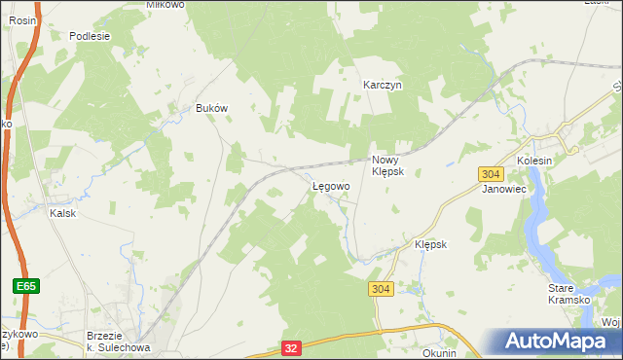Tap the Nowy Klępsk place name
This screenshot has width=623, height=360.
[394, 164]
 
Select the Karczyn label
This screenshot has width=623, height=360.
[383, 85]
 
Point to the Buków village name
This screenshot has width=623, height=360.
[211, 108]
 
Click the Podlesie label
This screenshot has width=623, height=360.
[90, 36]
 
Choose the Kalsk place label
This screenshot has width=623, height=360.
[63, 213]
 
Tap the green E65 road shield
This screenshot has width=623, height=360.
[26, 286]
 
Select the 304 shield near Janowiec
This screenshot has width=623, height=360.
[491, 173]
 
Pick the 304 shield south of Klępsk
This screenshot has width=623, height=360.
[381, 289]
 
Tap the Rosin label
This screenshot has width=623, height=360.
[21, 18]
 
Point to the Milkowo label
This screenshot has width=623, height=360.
[138, 4]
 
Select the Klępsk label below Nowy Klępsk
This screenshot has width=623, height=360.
[430, 244]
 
